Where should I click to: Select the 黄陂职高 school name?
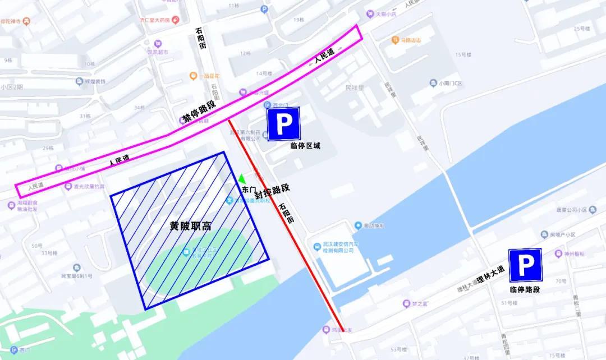click(x=191, y=227)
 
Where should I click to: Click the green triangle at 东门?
click(x=242, y=178)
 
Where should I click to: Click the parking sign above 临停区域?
click(x=284, y=124)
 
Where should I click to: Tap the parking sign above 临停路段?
click(x=525, y=265)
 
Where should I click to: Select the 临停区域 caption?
click(x=305, y=146)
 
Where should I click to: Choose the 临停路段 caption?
click(x=525, y=289)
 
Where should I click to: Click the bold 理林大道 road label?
click(x=490, y=278)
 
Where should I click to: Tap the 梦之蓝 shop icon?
click(x=407, y=304)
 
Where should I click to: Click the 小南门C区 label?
click(x=451, y=83)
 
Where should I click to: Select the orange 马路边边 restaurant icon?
click(x=395, y=40)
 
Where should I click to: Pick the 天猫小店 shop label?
click(x=385, y=14)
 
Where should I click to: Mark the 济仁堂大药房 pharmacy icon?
click(x=176, y=20)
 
